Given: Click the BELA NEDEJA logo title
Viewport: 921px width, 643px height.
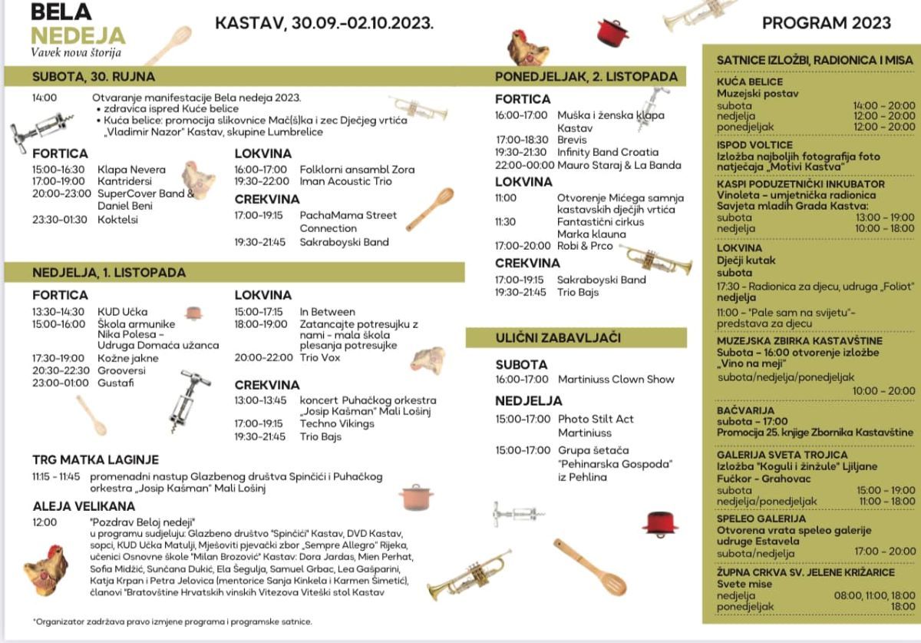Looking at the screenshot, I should point(77,24).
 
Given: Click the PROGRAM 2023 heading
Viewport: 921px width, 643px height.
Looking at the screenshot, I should point(826,23).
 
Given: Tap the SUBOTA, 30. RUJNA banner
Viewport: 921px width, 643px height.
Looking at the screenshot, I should point(94,76).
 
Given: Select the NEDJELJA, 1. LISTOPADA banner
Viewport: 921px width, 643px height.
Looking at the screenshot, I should point(109,272).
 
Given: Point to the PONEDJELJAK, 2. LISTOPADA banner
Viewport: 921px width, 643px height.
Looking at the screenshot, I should point(586,77).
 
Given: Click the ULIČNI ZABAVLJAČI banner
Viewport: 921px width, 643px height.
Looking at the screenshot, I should point(558,337).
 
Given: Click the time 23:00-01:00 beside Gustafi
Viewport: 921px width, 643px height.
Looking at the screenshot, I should point(61,383).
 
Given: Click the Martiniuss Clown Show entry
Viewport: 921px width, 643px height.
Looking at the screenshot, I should point(616,379).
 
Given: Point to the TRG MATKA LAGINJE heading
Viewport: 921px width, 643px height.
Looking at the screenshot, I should point(95,459).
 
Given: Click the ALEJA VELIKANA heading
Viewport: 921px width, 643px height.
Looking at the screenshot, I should point(84,506).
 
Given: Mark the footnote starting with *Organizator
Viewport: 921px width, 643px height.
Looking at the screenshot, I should point(172,621).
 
